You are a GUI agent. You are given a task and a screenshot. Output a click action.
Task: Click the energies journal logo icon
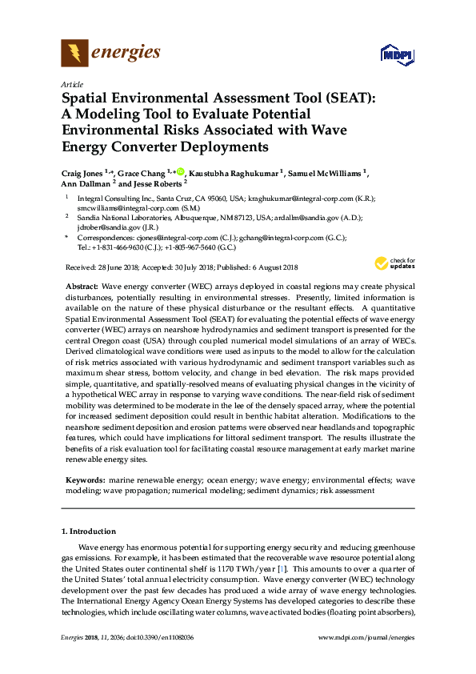[74, 54]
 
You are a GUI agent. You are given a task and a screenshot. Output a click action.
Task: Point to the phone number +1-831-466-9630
[126, 247]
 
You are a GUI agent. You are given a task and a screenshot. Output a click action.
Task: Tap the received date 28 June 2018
[116, 267]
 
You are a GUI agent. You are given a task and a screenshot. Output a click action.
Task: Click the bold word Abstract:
[82, 286]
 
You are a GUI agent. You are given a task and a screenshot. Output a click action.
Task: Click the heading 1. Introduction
[88, 532]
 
